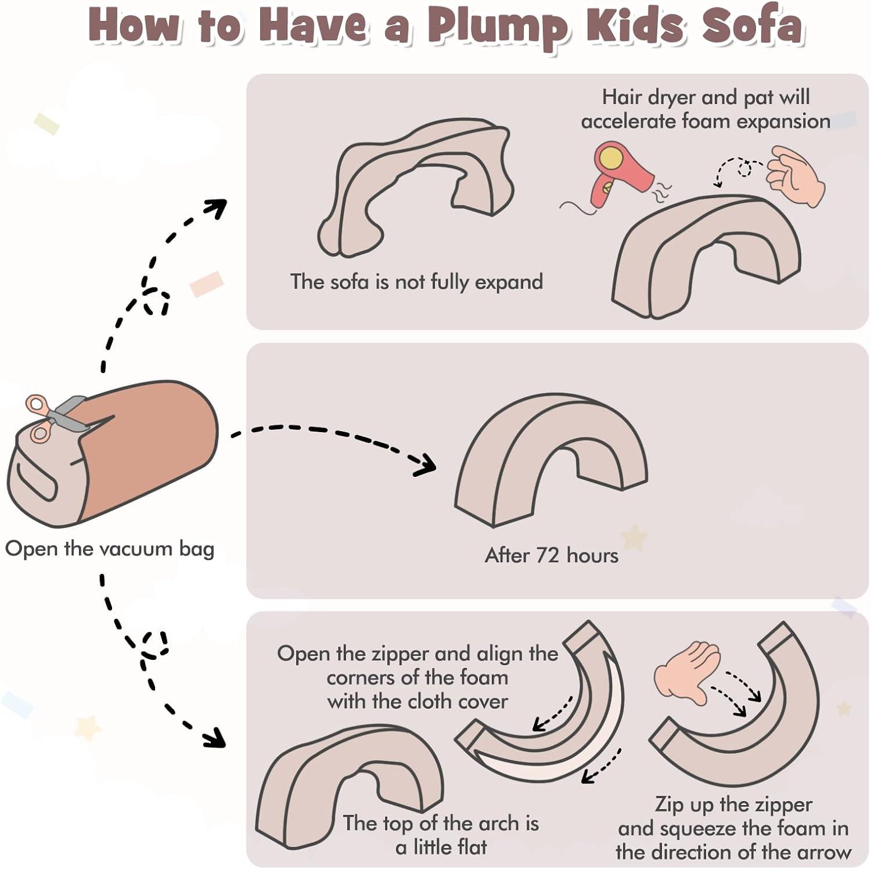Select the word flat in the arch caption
click(x=468, y=848)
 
